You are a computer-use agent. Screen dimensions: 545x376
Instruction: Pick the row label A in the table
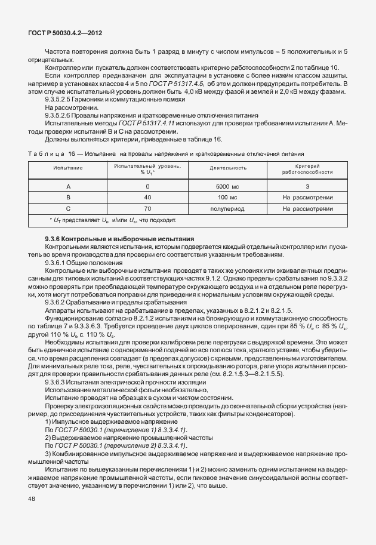[x=68, y=186]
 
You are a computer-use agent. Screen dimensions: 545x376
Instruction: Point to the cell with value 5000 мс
[x=224, y=186]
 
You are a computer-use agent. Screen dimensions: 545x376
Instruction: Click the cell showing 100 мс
[x=224, y=197]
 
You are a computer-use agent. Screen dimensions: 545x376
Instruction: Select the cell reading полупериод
[x=224, y=209]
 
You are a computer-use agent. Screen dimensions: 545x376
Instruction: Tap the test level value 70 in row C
[x=147, y=209]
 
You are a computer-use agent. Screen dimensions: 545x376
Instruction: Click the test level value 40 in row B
[x=147, y=197]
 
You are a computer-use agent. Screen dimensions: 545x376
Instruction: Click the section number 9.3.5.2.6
[x=60, y=115]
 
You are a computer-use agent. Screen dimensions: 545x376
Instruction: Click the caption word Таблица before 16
[x=47, y=153]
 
